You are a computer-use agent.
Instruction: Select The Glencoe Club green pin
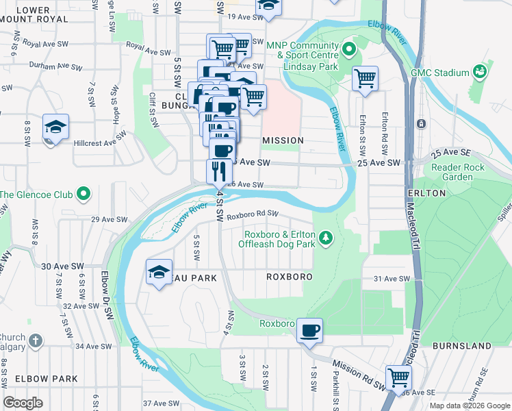[x=84, y=195]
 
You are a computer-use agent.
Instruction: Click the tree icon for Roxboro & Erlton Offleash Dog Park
[x=327, y=238]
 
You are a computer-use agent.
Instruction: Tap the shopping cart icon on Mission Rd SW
[x=398, y=376]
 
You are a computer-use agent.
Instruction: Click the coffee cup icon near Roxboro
[x=309, y=330]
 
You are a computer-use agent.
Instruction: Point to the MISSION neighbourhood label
[x=283, y=140]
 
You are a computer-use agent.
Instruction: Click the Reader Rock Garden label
[x=458, y=172]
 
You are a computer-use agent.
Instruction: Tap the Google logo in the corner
[x=23, y=402]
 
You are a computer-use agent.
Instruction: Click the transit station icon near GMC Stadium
[x=421, y=124]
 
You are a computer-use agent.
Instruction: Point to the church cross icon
[x=36, y=340]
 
